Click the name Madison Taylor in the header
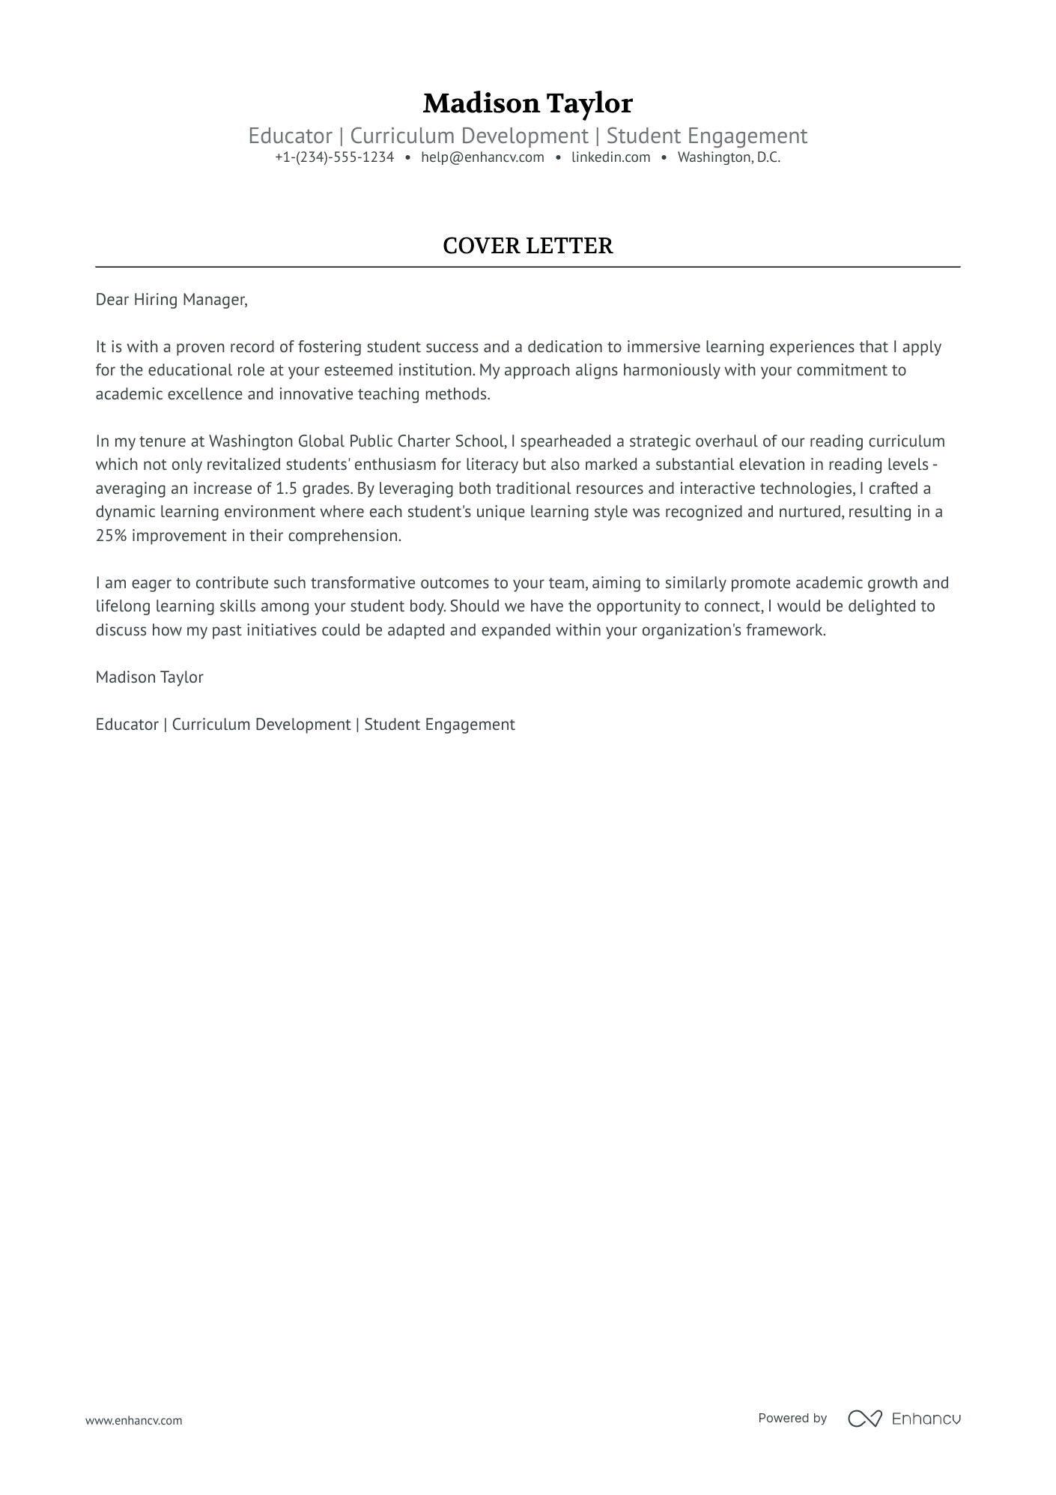527,103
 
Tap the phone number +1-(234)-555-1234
334,157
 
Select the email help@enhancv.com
482,157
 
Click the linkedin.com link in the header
610,157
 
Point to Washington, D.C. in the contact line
729,157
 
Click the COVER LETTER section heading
527,246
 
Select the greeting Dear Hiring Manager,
171,300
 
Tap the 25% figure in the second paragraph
111,536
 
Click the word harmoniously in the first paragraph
671,370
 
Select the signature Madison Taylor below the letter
149,677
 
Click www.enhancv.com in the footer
133,1420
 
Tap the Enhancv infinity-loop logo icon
864,1419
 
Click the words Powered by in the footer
792,1418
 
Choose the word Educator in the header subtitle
290,136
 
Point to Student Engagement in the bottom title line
440,725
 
